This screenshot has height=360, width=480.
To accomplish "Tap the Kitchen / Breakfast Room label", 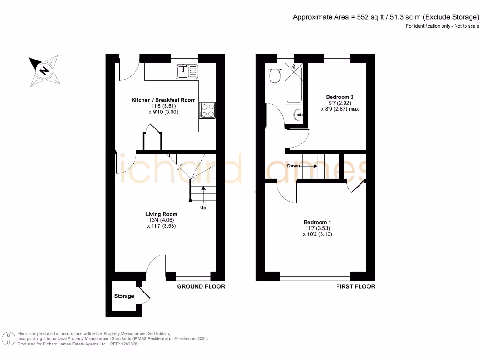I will (x=163, y=100).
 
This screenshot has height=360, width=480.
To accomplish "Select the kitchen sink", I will (x=187, y=71).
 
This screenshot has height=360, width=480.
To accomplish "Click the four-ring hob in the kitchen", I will (x=207, y=110).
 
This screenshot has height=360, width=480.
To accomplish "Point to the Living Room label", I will (x=161, y=214).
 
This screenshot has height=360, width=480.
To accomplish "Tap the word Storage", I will (x=124, y=296).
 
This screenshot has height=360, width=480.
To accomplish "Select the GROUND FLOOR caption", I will (x=201, y=286).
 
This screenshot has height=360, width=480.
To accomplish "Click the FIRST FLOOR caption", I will (x=355, y=286).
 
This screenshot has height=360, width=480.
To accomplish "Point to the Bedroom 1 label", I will (x=318, y=222).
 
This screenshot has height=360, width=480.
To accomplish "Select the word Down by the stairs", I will (x=294, y=166).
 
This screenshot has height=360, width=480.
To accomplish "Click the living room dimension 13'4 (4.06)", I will (x=161, y=220).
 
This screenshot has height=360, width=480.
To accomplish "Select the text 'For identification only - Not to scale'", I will (x=442, y=26).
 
